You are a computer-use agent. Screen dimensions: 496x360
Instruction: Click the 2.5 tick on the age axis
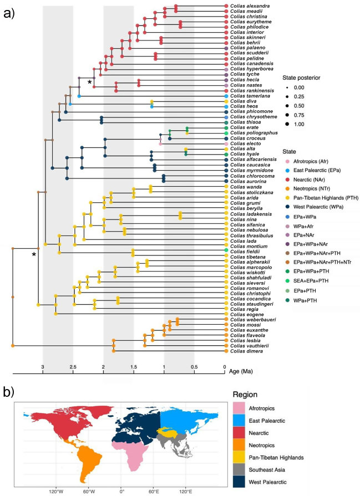[73, 367]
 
